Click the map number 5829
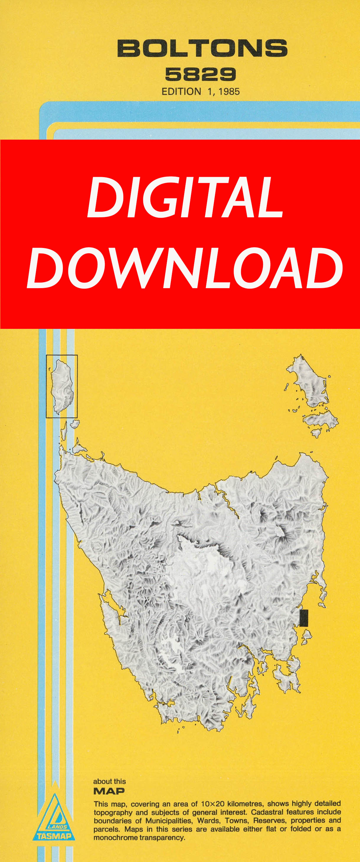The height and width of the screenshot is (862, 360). point(200,74)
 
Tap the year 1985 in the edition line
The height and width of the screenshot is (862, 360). point(229,92)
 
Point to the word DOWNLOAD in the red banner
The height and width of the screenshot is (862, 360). point(185,268)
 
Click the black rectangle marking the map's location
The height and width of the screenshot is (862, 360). point(303,618)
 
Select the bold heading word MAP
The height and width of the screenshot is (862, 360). point(109,791)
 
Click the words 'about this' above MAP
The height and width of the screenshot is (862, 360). point(109,782)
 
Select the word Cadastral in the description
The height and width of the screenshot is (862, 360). point(267,812)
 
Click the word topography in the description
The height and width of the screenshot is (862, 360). point(113,812)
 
